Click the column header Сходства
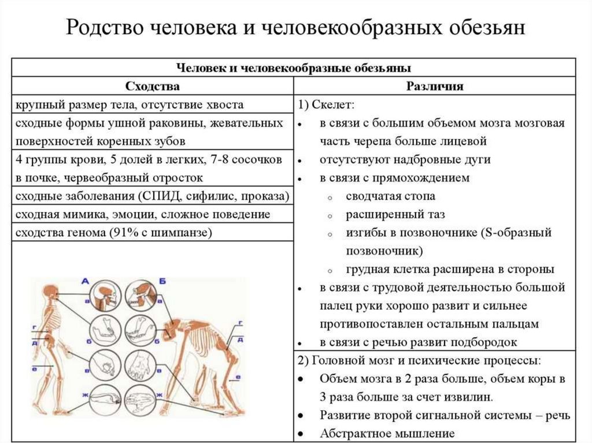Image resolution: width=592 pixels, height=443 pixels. pyautogui.click(x=153, y=86)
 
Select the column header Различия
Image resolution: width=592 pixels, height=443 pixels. pyautogui.click(x=434, y=86)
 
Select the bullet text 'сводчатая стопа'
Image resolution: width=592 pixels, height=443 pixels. pyautogui.click(x=390, y=196)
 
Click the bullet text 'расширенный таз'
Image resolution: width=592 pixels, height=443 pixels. pyautogui.click(x=395, y=215)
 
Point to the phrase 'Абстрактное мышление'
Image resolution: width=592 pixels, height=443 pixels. pyautogui.click(x=387, y=433)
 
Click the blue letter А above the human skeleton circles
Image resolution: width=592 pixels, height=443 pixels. pyautogui.click(x=85, y=281)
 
